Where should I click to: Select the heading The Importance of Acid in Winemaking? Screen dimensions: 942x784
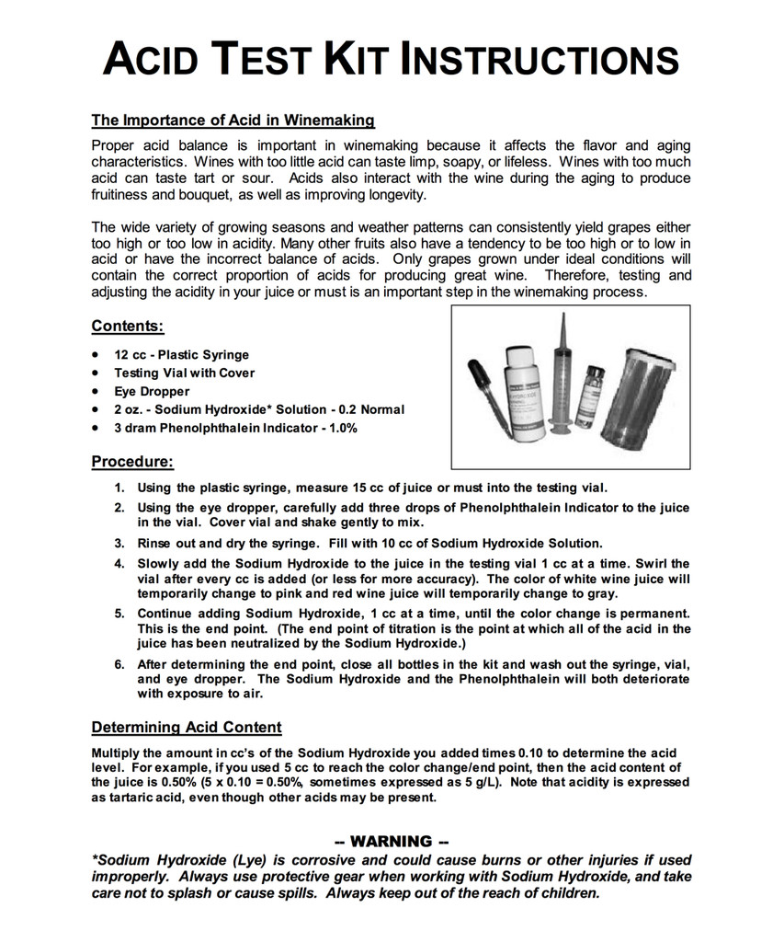233,120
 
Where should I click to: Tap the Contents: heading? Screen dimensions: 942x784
128,326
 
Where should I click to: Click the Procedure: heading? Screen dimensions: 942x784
132,461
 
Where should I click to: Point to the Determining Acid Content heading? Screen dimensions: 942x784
187,728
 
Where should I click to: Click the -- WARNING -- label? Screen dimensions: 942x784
392,841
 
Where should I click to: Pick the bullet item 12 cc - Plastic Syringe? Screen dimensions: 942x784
181,354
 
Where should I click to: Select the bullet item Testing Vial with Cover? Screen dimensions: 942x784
184,373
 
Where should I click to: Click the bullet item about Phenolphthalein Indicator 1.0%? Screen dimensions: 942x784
235,428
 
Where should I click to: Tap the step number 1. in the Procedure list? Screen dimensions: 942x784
119,488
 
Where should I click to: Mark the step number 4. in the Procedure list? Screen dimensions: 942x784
119,563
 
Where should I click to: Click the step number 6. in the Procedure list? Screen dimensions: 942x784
119,663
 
